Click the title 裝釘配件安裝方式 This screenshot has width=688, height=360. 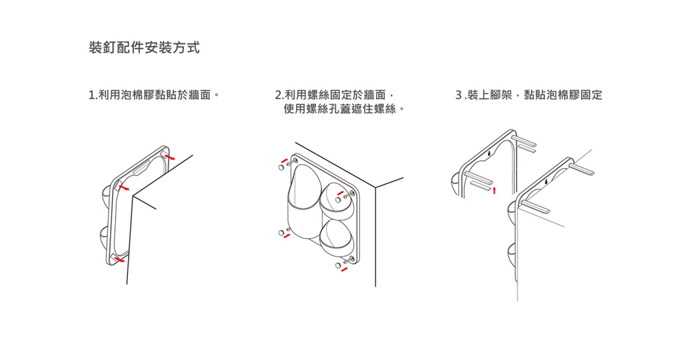tap(144, 48)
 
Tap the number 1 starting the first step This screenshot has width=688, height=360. tap(92, 94)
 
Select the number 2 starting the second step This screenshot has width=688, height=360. tap(278, 94)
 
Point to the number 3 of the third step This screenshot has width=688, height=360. tap(459, 94)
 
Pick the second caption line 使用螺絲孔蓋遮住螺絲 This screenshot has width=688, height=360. tap(340, 109)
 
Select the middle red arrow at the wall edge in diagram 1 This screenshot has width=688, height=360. tap(124, 187)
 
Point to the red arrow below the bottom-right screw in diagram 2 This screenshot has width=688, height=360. tap(345, 269)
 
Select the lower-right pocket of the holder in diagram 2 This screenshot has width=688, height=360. tap(337, 234)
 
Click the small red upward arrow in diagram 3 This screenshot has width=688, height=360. tap(494, 188)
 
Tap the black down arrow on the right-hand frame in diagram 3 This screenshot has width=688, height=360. tap(546, 182)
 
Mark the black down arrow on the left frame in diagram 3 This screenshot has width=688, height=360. tap(487, 153)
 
